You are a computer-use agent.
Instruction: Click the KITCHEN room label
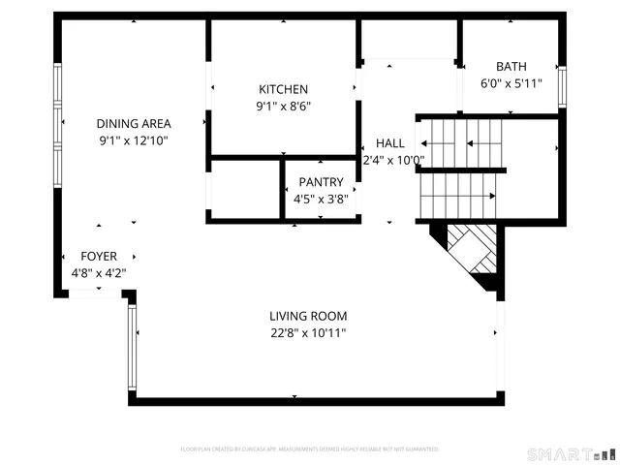pyautogui.click(x=283, y=89)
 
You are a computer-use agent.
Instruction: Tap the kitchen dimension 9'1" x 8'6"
pyautogui.click(x=283, y=107)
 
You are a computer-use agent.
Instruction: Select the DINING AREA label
pyautogui.click(x=134, y=123)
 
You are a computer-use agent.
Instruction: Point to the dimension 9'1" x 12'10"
pyautogui.click(x=134, y=140)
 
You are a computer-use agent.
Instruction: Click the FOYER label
pyautogui.click(x=99, y=256)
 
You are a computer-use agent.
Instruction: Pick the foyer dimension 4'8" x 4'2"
pyautogui.click(x=99, y=272)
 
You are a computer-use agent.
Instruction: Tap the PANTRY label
pyautogui.click(x=321, y=182)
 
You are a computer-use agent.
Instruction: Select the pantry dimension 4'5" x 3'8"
pyautogui.click(x=321, y=200)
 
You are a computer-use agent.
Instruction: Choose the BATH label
pyautogui.click(x=511, y=67)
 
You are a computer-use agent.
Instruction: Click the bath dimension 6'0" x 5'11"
pyautogui.click(x=511, y=83)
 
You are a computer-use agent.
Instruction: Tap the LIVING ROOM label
pyautogui.click(x=308, y=316)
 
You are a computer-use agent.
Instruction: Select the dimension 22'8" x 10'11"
pyautogui.click(x=308, y=333)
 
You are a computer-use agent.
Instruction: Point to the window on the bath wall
pyautogui.click(x=561, y=83)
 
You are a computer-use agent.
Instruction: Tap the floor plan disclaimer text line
pyautogui.click(x=309, y=449)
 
